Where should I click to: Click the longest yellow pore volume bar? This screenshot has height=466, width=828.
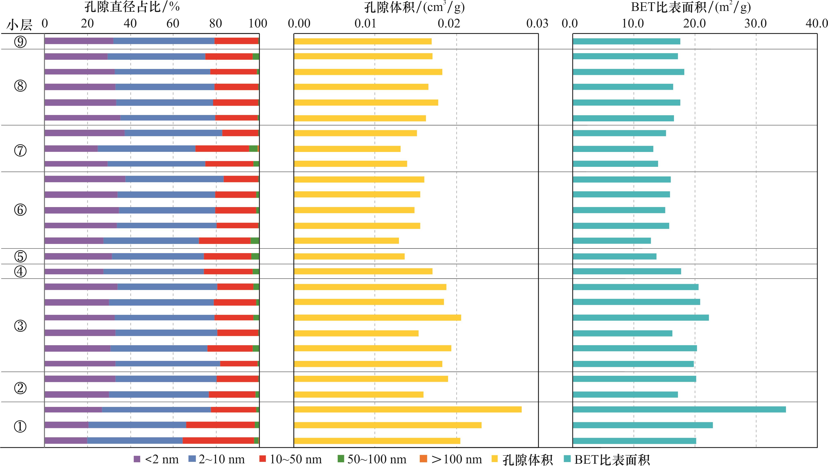[x=408, y=409]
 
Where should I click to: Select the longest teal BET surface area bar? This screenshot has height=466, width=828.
[x=679, y=409]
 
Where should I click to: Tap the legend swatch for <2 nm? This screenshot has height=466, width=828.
[x=137, y=459]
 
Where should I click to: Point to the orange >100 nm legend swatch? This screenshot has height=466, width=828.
[x=423, y=459]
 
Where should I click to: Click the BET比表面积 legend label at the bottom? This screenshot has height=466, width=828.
[x=612, y=460]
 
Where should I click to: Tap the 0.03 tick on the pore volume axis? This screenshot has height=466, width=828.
[x=537, y=24]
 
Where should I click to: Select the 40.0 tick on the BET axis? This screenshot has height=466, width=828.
[x=816, y=24]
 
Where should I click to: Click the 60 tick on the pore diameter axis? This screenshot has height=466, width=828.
[x=173, y=24]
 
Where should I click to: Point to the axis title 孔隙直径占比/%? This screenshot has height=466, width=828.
[x=132, y=7]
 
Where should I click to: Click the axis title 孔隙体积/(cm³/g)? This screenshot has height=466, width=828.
[x=414, y=7]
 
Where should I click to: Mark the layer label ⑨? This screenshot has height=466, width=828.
[x=20, y=42]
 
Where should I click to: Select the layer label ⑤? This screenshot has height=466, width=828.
[x=20, y=256]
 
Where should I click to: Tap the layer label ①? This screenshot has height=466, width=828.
[x=20, y=427]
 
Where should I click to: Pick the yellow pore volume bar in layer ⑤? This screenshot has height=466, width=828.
[x=349, y=256]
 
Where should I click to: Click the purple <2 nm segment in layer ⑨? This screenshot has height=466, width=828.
[x=79, y=41]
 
